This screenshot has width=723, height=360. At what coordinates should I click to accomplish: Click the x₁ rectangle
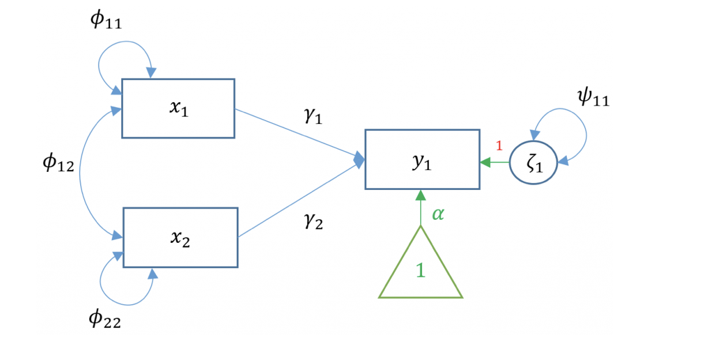[x=178, y=108]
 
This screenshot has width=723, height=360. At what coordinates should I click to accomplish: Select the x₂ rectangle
[x=180, y=237]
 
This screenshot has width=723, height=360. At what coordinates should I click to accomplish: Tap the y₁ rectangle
[x=422, y=159]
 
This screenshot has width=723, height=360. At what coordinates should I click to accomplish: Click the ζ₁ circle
[x=533, y=163]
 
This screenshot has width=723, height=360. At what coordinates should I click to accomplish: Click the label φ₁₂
[x=58, y=165]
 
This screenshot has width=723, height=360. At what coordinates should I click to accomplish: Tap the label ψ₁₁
[x=593, y=97]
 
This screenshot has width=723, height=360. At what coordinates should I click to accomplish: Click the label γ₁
[x=313, y=117]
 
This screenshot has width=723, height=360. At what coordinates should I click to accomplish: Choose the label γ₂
[x=313, y=221]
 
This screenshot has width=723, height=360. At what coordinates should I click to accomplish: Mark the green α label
[x=438, y=215]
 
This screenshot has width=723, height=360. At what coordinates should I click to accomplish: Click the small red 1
[x=499, y=145]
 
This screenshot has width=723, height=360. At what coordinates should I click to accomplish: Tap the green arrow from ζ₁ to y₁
[x=495, y=163]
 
